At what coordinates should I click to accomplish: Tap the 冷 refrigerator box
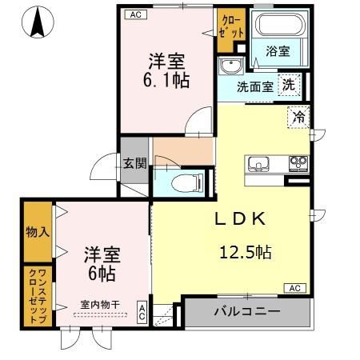point(298,116)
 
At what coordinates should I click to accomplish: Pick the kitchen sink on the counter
point(259,166)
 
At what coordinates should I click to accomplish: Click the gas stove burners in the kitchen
point(298,165)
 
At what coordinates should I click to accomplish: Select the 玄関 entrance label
point(134,165)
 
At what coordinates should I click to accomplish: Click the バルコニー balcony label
point(246,311)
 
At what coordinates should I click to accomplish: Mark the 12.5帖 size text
point(246,253)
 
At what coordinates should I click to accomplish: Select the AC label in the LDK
point(294,287)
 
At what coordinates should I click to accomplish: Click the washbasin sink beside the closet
point(231,66)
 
